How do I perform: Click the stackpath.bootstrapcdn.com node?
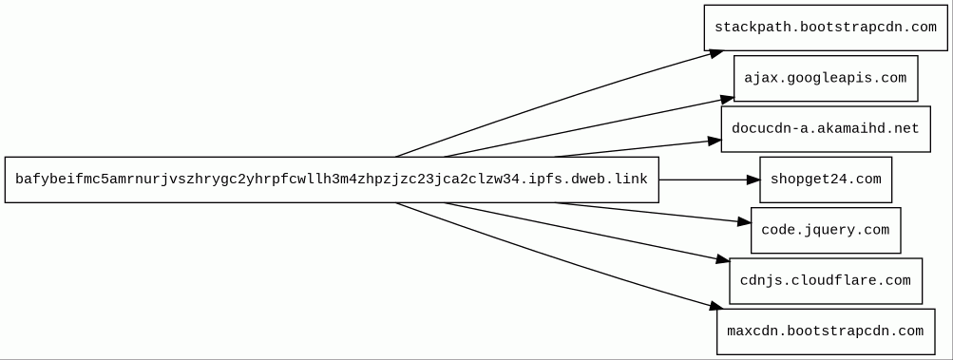826,28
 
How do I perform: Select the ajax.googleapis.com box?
826,79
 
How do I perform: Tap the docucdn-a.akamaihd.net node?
826,129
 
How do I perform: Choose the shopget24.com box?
826,180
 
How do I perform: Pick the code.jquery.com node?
826,231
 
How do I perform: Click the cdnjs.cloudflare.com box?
826,281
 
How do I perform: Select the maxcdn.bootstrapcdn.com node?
826,332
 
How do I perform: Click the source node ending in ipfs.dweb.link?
332,180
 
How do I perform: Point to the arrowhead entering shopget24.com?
753,180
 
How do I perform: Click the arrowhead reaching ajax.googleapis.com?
727,99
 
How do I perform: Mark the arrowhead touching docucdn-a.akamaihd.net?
715,142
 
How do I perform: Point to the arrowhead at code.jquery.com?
744,222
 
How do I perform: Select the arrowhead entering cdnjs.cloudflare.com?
722,259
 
